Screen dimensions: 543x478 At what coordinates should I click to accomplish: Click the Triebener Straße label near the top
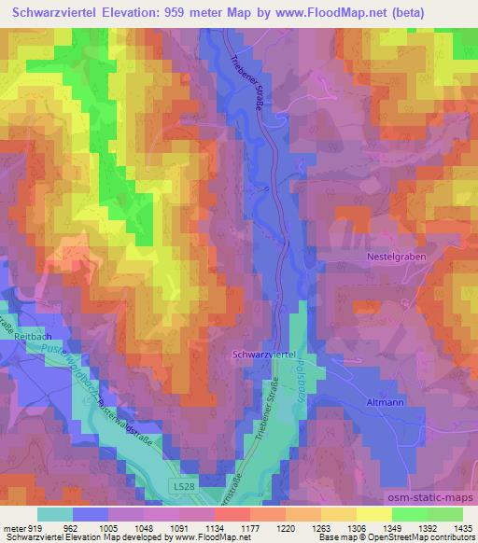pos(246,80)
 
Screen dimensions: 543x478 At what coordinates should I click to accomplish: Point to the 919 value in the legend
pos(35,527)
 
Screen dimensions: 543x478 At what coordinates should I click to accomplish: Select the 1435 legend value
pos(461,527)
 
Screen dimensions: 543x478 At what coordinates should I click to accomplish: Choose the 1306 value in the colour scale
pos(355,527)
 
